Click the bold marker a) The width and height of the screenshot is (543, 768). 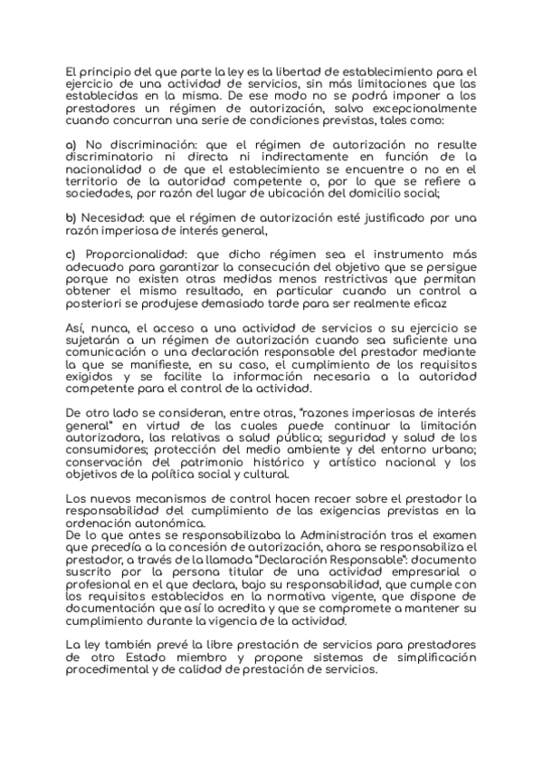pyautogui.click(x=71, y=145)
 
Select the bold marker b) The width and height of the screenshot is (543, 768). pyautogui.click(x=71, y=218)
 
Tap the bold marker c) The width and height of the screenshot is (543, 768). pyautogui.click(x=71, y=252)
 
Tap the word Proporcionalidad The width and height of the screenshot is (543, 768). pyautogui.click(x=140, y=252)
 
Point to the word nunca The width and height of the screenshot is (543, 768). pyautogui.click(x=108, y=327)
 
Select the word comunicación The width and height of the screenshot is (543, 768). pyautogui.click(x=113, y=351)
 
